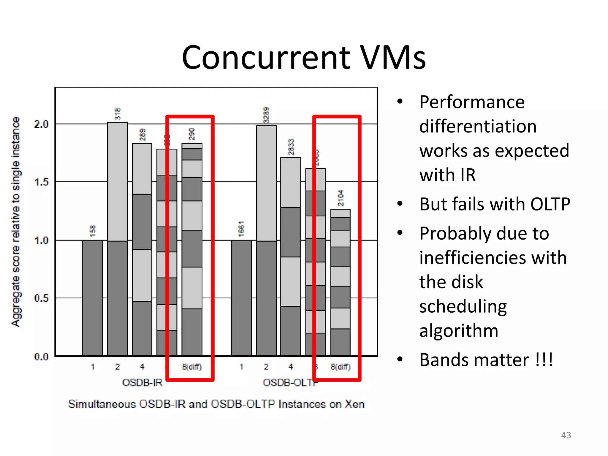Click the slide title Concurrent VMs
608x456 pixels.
coord(304,57)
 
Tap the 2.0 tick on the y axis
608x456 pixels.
coord(41,124)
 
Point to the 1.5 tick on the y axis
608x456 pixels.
coord(41,182)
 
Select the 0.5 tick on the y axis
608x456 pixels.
coord(41,298)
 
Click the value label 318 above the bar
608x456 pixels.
coord(118,114)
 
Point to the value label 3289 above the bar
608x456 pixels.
coord(266,115)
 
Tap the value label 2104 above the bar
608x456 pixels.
coord(341,198)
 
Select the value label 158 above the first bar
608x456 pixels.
coord(93,231)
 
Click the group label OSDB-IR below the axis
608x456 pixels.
coord(142,383)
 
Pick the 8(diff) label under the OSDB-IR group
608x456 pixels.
coord(192,367)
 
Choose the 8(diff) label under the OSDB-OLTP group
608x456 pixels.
coord(341,367)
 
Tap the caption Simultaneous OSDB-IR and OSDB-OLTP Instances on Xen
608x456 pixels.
coord(216,404)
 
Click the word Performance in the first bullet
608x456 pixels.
coord(472,102)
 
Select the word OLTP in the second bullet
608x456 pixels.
coord(550,204)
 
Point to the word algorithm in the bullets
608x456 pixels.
coord(459,330)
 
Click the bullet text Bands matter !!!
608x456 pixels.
coord(486,360)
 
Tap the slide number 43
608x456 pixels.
coord(566,435)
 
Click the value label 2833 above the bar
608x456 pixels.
coord(291,147)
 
